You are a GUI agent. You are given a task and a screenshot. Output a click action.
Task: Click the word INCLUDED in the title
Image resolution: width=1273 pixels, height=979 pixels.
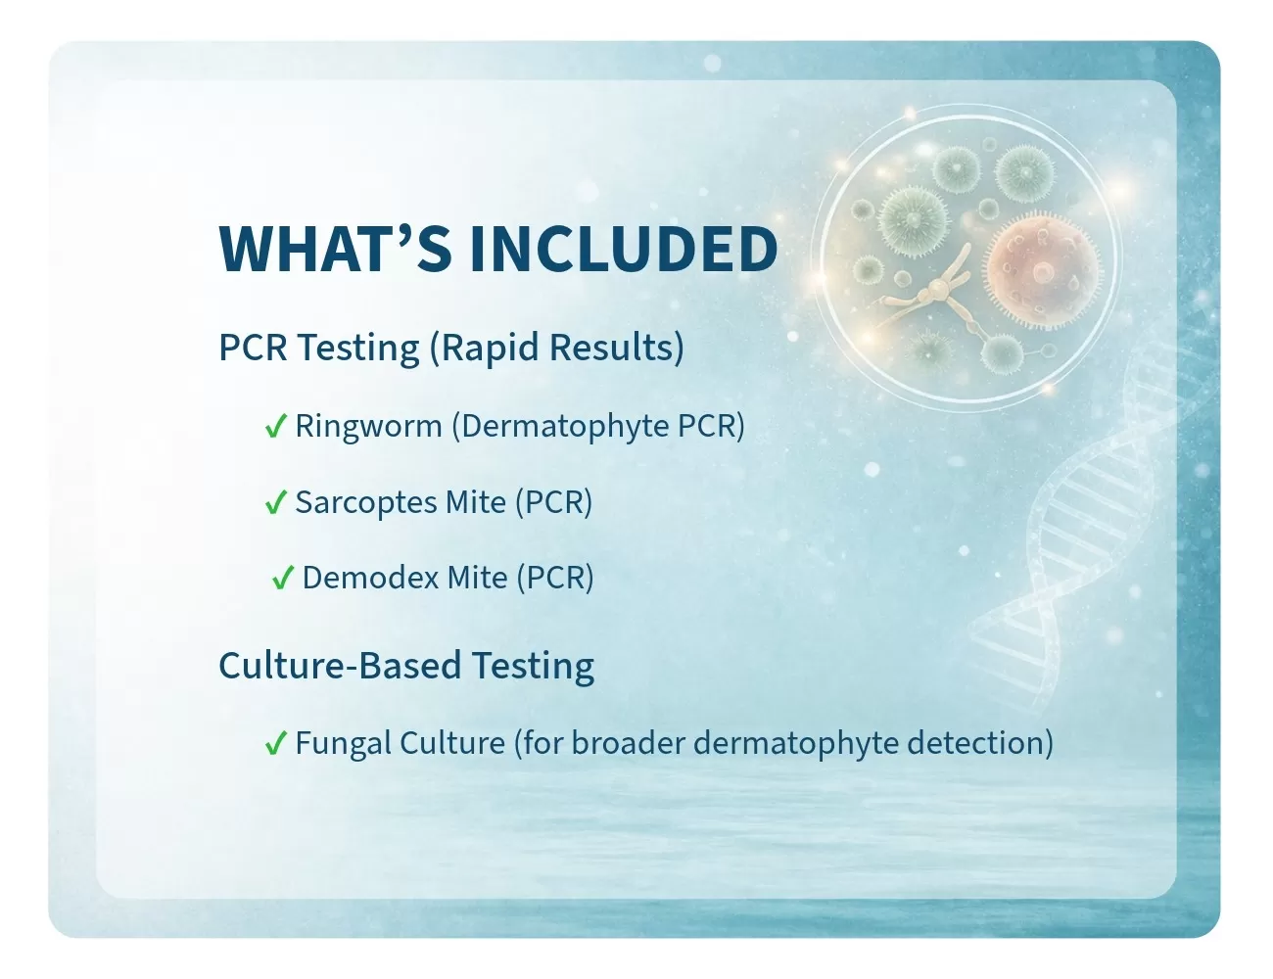coord(624,249)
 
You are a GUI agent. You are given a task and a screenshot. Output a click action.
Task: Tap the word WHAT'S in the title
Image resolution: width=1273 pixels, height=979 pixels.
coord(335,249)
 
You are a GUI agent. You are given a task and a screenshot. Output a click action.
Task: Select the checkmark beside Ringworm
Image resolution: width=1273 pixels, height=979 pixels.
coord(275,426)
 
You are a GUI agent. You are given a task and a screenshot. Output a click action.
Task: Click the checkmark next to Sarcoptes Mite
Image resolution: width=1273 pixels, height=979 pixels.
coord(275,502)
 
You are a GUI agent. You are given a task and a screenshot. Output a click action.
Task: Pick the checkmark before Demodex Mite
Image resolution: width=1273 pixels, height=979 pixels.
coord(282,578)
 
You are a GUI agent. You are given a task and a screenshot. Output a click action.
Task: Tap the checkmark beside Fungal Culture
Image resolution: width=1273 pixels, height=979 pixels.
coord(275,742)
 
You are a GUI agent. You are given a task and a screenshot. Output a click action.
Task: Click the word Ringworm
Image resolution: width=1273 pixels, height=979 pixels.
coord(368,426)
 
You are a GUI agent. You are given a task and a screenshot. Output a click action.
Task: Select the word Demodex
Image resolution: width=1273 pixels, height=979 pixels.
coord(371,578)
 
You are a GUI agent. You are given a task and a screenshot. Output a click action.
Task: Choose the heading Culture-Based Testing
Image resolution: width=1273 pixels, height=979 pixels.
coord(406,667)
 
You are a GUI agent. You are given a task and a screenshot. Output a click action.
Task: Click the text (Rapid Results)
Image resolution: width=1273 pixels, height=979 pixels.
coord(556,348)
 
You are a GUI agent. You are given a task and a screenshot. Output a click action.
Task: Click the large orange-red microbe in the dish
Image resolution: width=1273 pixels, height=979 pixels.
coord(1043,273)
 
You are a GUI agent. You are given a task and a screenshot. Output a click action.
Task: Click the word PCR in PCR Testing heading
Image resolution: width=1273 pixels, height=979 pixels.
coord(253,348)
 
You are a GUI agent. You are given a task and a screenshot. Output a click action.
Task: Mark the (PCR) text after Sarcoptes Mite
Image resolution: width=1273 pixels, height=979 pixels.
coord(554,502)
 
